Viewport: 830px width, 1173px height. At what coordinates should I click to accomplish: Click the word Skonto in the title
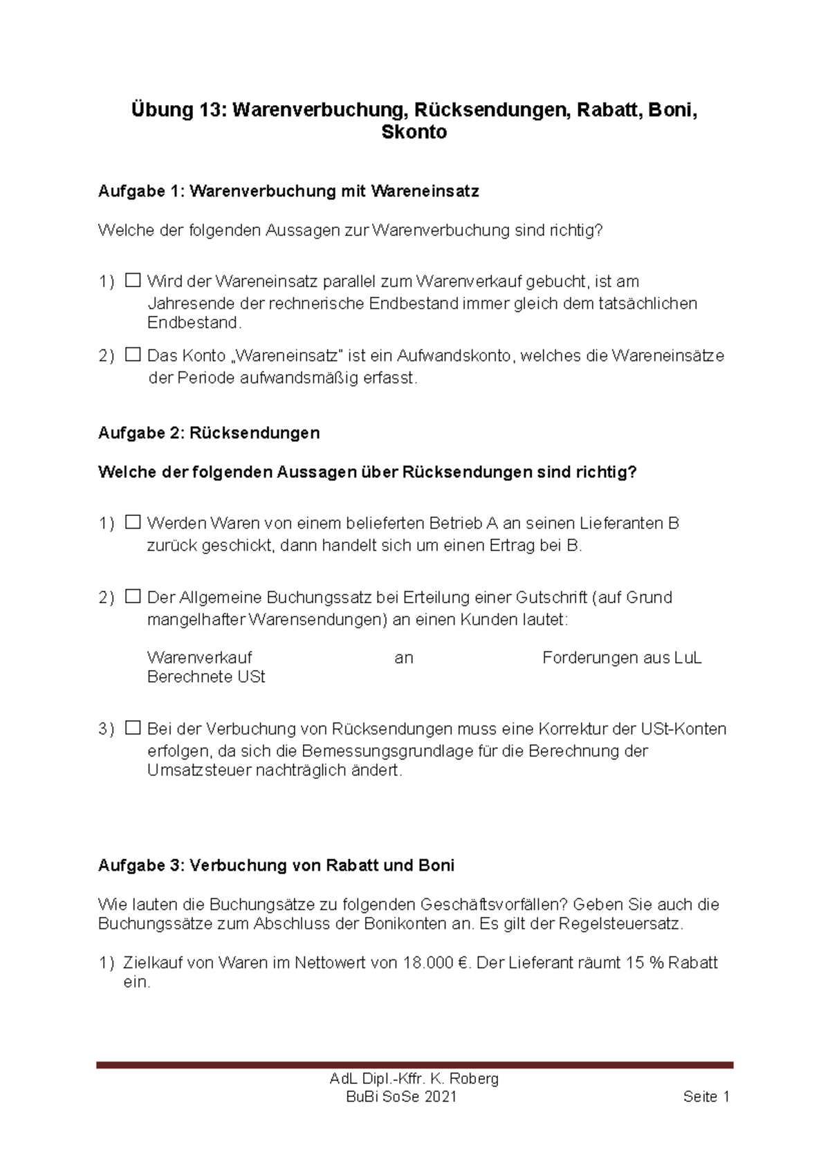pyautogui.click(x=414, y=132)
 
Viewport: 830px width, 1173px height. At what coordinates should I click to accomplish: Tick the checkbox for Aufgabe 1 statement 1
pyautogui.click(x=133, y=281)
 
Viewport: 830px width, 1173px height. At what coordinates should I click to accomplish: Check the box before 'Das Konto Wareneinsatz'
pyautogui.click(x=133, y=355)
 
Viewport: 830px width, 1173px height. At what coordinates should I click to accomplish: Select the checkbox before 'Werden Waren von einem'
pyautogui.click(x=133, y=522)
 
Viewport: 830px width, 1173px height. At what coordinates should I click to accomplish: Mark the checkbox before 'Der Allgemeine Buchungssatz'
pyautogui.click(x=133, y=596)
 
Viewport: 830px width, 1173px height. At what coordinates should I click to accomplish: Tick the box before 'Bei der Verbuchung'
pyautogui.click(x=133, y=728)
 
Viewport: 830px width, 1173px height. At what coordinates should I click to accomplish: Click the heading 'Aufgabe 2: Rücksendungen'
pyautogui.click(x=209, y=433)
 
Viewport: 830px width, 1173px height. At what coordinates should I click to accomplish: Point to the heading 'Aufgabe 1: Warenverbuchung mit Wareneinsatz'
pyautogui.click(x=288, y=192)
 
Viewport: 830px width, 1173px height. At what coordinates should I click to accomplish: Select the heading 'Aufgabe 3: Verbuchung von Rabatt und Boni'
pyautogui.click(x=276, y=865)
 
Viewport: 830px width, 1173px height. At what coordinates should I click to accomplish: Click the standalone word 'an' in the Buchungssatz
pyautogui.click(x=404, y=658)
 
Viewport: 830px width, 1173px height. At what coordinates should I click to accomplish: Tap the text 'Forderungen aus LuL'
pyautogui.click(x=621, y=658)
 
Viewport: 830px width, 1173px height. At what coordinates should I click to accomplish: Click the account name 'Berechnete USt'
pyautogui.click(x=206, y=677)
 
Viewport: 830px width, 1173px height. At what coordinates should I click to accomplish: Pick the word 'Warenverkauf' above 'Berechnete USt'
pyautogui.click(x=199, y=658)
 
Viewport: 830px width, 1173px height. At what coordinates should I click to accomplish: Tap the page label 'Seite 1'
pyautogui.click(x=706, y=1097)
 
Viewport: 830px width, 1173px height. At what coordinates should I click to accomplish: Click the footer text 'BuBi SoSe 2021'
pyautogui.click(x=401, y=1097)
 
